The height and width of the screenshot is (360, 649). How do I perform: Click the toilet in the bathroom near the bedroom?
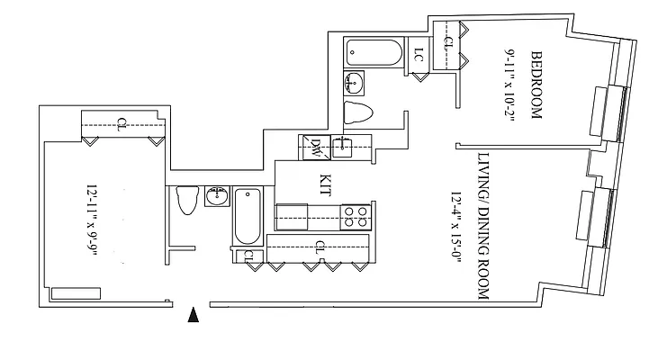click(359, 113)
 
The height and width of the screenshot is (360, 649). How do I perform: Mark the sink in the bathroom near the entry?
click(217, 197)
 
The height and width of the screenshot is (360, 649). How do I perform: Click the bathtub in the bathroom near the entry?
click(247, 217)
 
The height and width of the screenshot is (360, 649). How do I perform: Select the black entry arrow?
click(191, 314)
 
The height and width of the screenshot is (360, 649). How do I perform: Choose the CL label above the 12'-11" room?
click(121, 124)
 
